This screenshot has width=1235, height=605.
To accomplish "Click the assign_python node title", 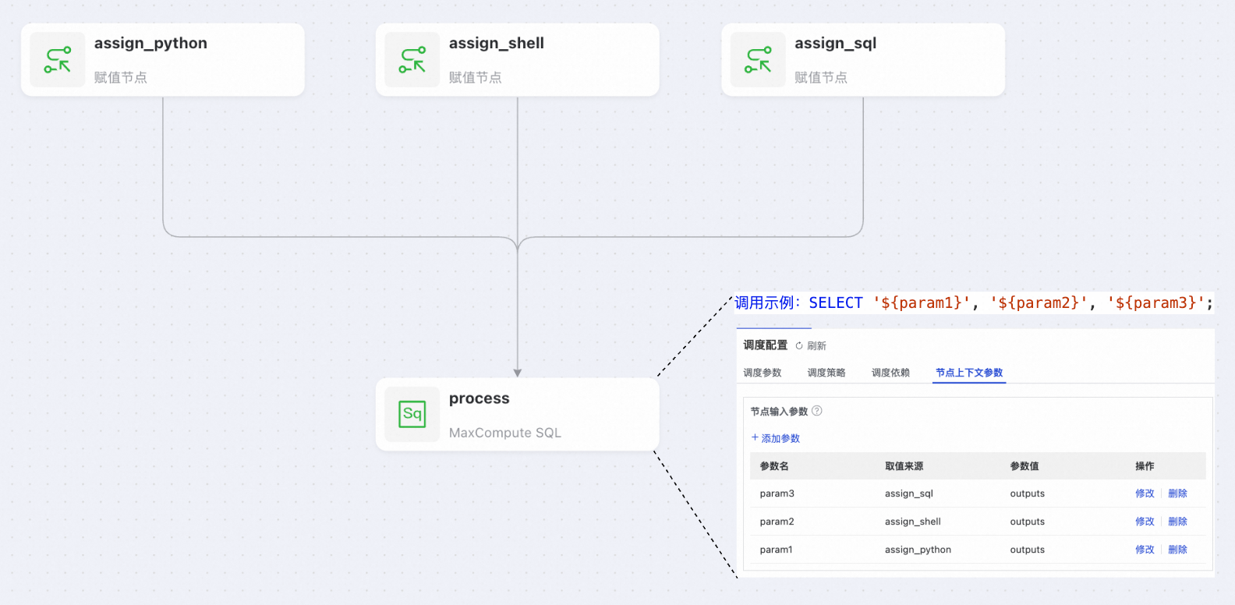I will (x=150, y=44).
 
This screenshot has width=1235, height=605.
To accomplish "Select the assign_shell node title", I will (x=496, y=44).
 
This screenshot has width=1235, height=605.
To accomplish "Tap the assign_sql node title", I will (x=835, y=44).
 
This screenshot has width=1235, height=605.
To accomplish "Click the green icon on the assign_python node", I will (x=58, y=60).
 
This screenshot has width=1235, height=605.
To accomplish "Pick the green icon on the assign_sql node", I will (x=758, y=60).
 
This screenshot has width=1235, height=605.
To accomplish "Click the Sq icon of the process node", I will (x=412, y=414).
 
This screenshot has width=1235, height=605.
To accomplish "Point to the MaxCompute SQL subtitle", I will (x=504, y=433).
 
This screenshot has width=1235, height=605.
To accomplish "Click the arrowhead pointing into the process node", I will (x=518, y=373).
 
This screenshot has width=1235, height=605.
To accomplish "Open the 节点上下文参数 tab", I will (x=969, y=373).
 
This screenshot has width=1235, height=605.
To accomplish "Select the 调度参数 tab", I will (x=762, y=373).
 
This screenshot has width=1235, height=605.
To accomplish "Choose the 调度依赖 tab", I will (x=890, y=373).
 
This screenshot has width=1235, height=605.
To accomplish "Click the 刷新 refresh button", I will (x=811, y=345).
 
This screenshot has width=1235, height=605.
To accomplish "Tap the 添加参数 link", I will (x=776, y=438).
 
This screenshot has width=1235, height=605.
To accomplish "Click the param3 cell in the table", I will (x=777, y=494).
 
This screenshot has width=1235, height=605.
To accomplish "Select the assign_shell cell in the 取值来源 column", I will (x=912, y=522).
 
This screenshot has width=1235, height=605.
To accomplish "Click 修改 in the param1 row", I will (x=1144, y=550).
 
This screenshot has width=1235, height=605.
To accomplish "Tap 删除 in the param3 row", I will (x=1177, y=494).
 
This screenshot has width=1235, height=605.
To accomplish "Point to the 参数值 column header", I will (x=1024, y=466).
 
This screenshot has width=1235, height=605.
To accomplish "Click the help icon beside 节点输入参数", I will (x=817, y=411).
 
